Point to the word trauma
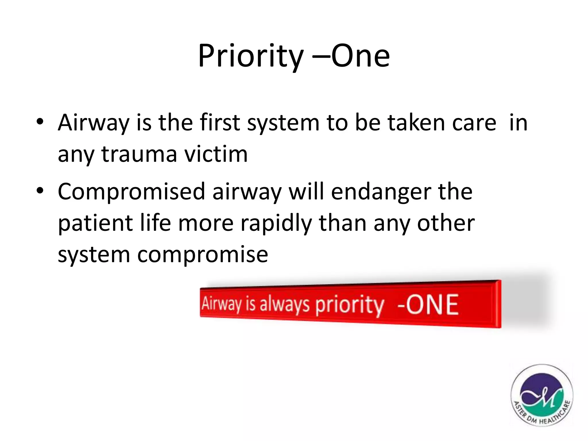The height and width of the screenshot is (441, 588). [139, 154]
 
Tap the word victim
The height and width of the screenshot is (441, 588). [216, 154]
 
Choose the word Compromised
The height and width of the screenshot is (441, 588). [131, 192]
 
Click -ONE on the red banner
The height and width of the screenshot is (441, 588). [428, 305]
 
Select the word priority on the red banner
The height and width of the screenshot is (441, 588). [349, 306]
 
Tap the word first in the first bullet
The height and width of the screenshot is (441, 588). [220, 123]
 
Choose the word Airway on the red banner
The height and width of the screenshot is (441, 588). [221, 304]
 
